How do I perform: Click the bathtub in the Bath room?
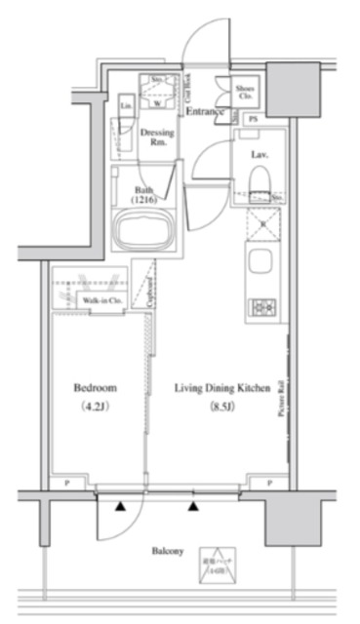pyautogui.click(x=142, y=231)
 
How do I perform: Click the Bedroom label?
pyautogui.click(x=96, y=387)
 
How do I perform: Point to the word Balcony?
pyautogui.click(x=167, y=552)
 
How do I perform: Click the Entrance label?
pyautogui.click(x=205, y=112)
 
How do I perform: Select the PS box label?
pyautogui.click(x=254, y=119)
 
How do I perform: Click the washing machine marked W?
pyautogui.click(x=156, y=97)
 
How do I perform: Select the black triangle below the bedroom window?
pyautogui.click(x=121, y=507)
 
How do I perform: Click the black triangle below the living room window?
pyautogui.click(x=193, y=507)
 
